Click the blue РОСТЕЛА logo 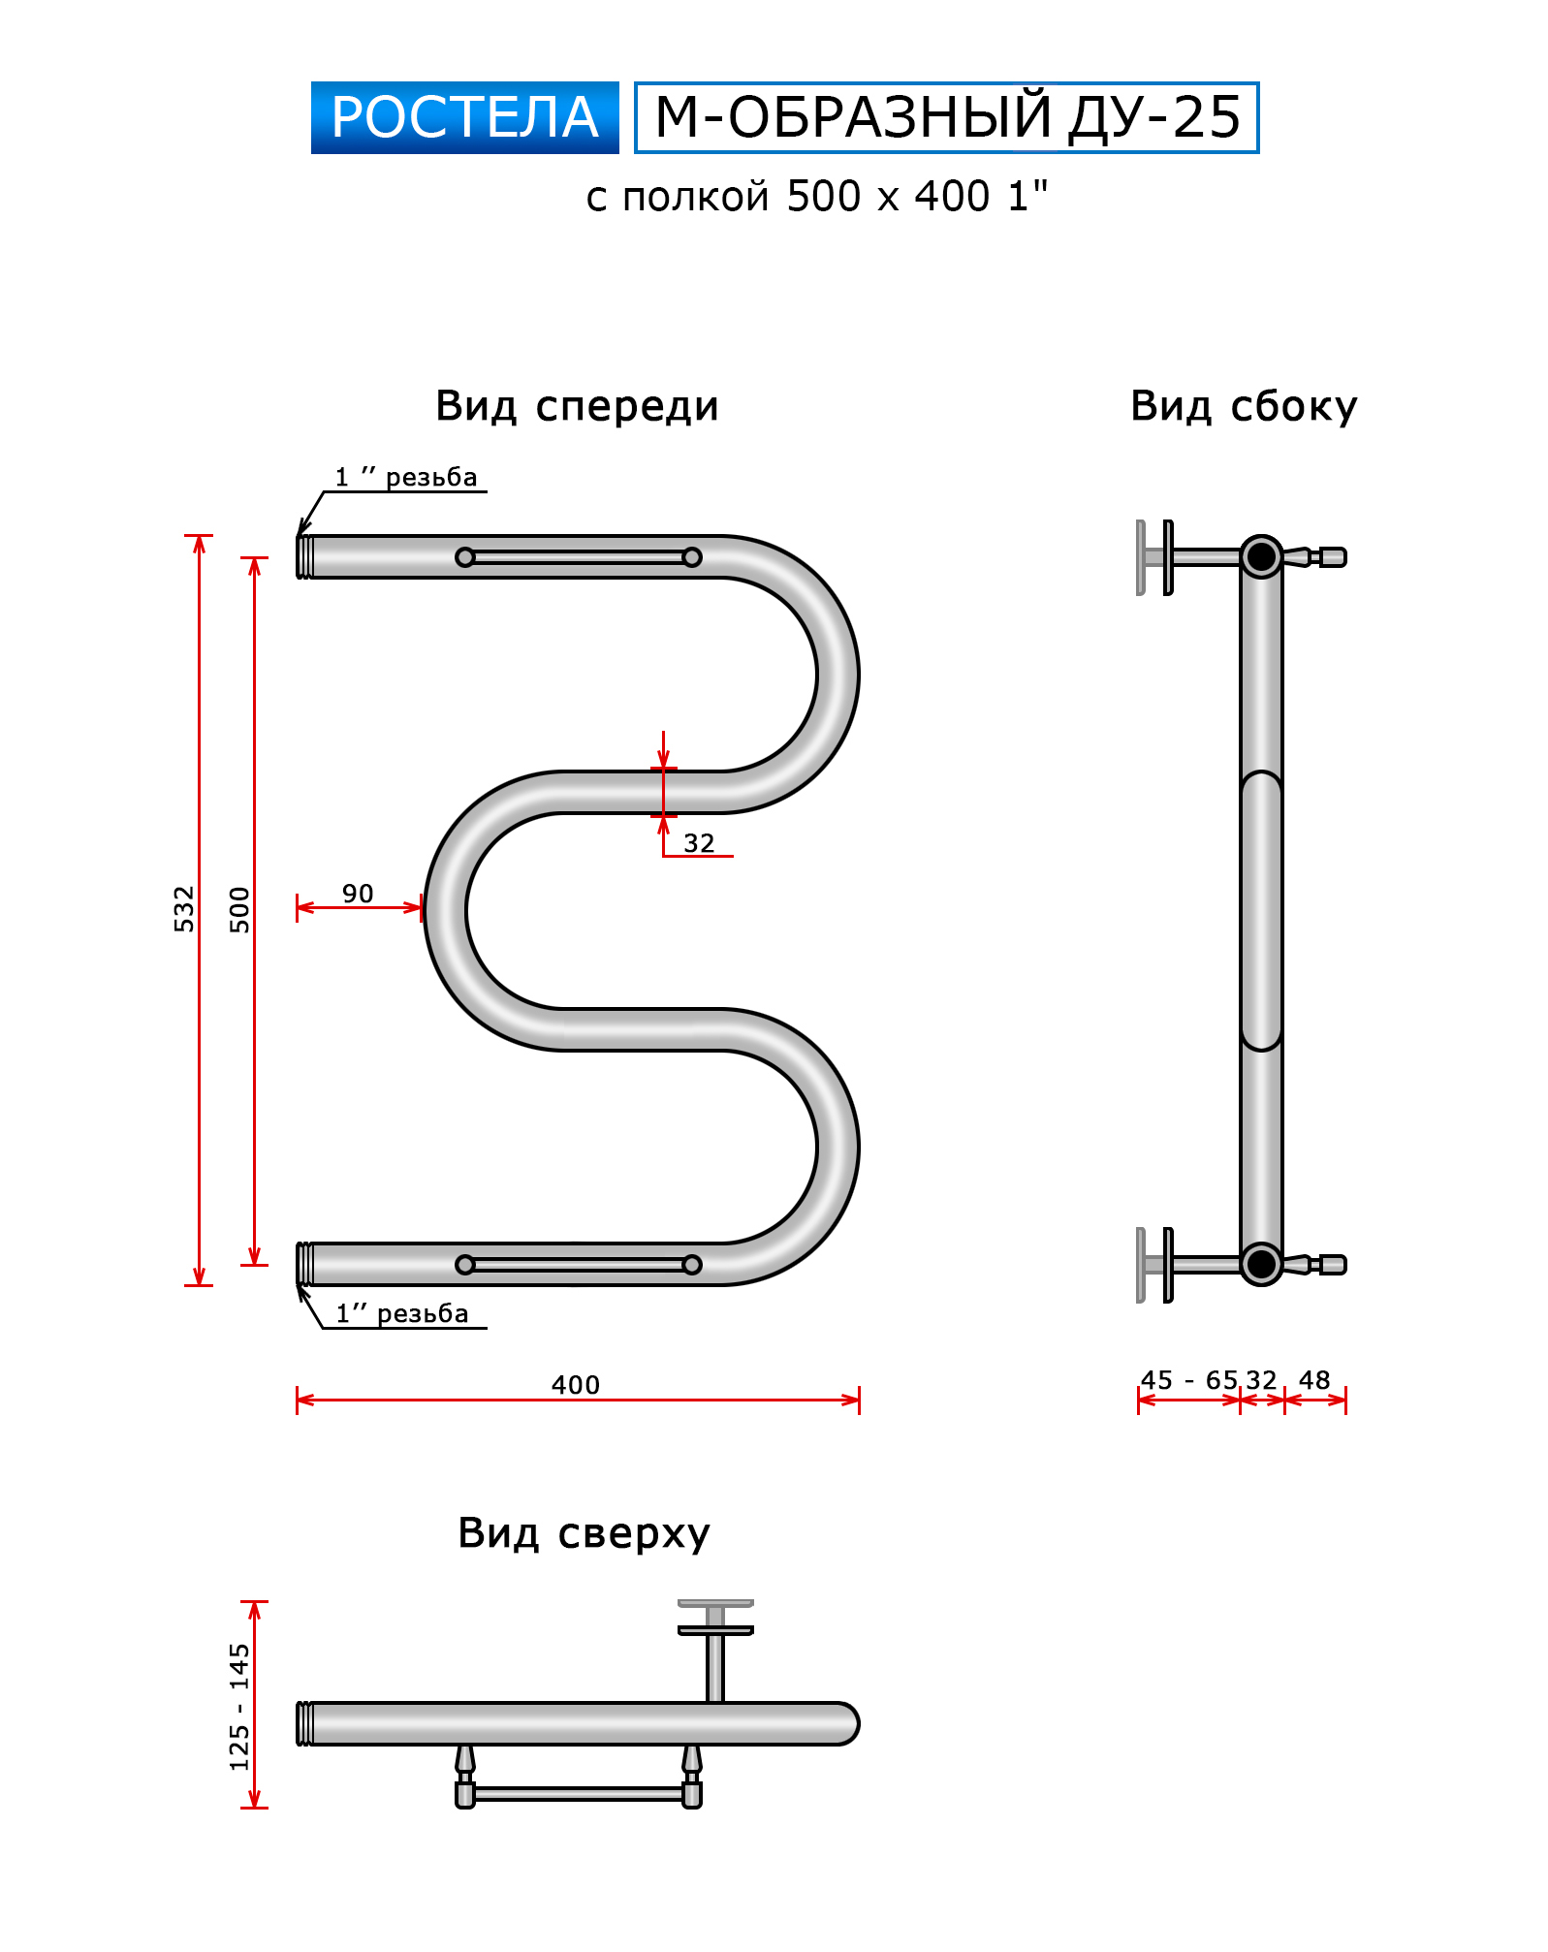pyautogui.click(x=464, y=117)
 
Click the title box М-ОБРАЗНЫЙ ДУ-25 pyautogui.click(x=946, y=117)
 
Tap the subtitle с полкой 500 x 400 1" pyautogui.click(x=816, y=197)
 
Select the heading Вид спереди pyautogui.click(x=577, y=406)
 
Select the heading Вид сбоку pyautogui.click(x=1244, y=406)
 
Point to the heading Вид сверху pyautogui.click(x=584, y=1533)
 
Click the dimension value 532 pyautogui.click(x=184, y=909)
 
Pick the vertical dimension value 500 pyautogui.click(x=239, y=909)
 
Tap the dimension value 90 pyautogui.click(x=358, y=894)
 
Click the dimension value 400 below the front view pyautogui.click(x=576, y=1385)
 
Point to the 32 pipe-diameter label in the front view pyautogui.click(x=699, y=843)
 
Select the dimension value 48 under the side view pyautogui.click(x=1314, y=1380)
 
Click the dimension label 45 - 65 pyautogui.click(x=1189, y=1380)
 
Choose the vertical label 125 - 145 pyautogui.click(x=239, y=1707)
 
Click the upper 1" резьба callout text pyautogui.click(x=406, y=478)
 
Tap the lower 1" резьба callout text pyautogui.click(x=402, y=1314)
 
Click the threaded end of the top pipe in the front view pyautogui.click(x=304, y=557)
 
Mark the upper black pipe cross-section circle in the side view pyautogui.click(x=1261, y=557)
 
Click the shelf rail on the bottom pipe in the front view pyautogui.click(x=579, y=1265)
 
